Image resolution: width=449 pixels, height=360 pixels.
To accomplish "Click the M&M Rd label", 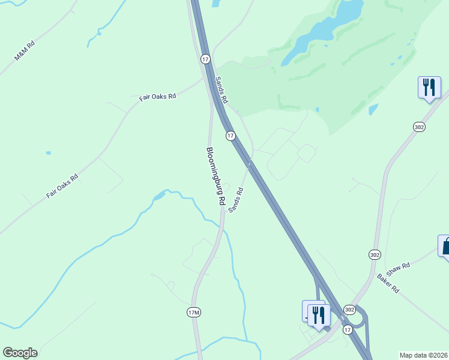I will click(25, 51).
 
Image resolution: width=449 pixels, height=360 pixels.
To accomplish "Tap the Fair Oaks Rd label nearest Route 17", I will click(157, 97).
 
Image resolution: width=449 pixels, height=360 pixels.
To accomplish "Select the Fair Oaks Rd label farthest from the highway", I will click(62, 187).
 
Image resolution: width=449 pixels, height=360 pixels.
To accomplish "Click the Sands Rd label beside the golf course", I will click(222, 90).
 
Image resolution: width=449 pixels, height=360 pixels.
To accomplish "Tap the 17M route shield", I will click(193, 313).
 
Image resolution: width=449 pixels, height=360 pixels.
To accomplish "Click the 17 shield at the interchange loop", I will click(348, 330).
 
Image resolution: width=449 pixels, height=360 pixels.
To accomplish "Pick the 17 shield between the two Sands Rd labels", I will click(231, 136).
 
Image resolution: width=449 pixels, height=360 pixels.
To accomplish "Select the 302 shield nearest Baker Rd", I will click(375, 254).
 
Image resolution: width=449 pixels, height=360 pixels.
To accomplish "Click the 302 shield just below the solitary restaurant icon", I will click(419, 127).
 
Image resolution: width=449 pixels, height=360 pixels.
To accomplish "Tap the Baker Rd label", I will click(388, 283).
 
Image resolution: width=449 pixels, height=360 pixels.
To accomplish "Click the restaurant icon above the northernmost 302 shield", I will click(429, 88).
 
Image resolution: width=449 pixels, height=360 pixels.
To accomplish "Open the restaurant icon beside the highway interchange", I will click(319, 314).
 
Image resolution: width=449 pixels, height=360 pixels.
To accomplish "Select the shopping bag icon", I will click(445, 245).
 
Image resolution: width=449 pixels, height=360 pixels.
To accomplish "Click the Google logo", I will click(20, 353).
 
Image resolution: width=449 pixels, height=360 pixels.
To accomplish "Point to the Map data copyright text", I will click(424, 355).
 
